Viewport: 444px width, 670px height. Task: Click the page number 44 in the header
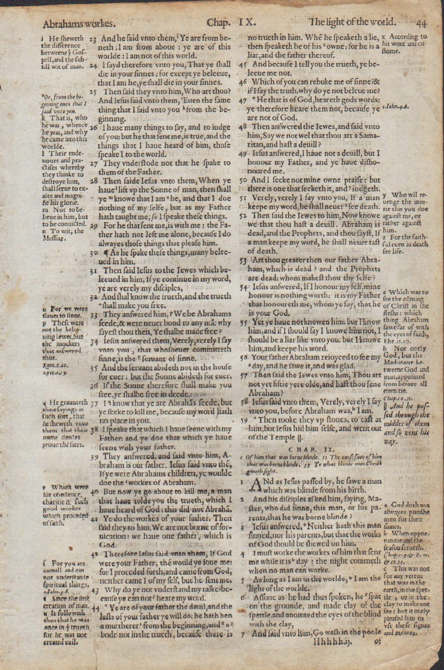421,23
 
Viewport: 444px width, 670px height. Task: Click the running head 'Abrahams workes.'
79,24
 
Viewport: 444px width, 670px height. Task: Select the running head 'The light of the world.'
352,22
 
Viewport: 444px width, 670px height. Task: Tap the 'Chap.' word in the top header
219,23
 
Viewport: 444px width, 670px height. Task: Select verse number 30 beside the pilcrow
94,253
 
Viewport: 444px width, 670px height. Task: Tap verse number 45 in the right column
242,64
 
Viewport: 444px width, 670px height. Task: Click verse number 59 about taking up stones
243,420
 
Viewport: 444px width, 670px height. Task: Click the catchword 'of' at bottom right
377,641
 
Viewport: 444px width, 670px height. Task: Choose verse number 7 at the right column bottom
243,633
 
